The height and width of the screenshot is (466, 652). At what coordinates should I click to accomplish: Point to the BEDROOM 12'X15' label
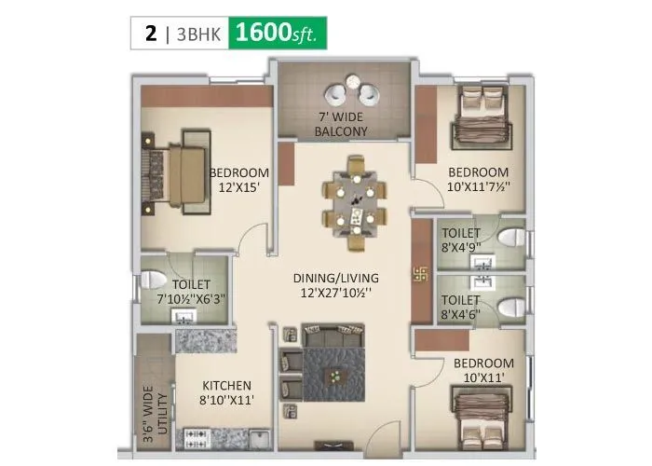(x=238, y=180)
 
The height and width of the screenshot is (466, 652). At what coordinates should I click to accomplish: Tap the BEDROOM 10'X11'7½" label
(x=478, y=180)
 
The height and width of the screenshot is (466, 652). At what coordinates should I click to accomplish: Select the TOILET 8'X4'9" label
(x=461, y=240)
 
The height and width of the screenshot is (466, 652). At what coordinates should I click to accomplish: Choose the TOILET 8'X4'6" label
(x=461, y=308)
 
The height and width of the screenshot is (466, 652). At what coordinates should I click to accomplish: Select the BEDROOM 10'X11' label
(x=484, y=369)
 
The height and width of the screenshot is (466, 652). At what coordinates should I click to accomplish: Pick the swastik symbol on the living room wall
(x=419, y=274)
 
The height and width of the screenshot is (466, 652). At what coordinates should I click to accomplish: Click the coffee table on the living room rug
(x=333, y=375)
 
